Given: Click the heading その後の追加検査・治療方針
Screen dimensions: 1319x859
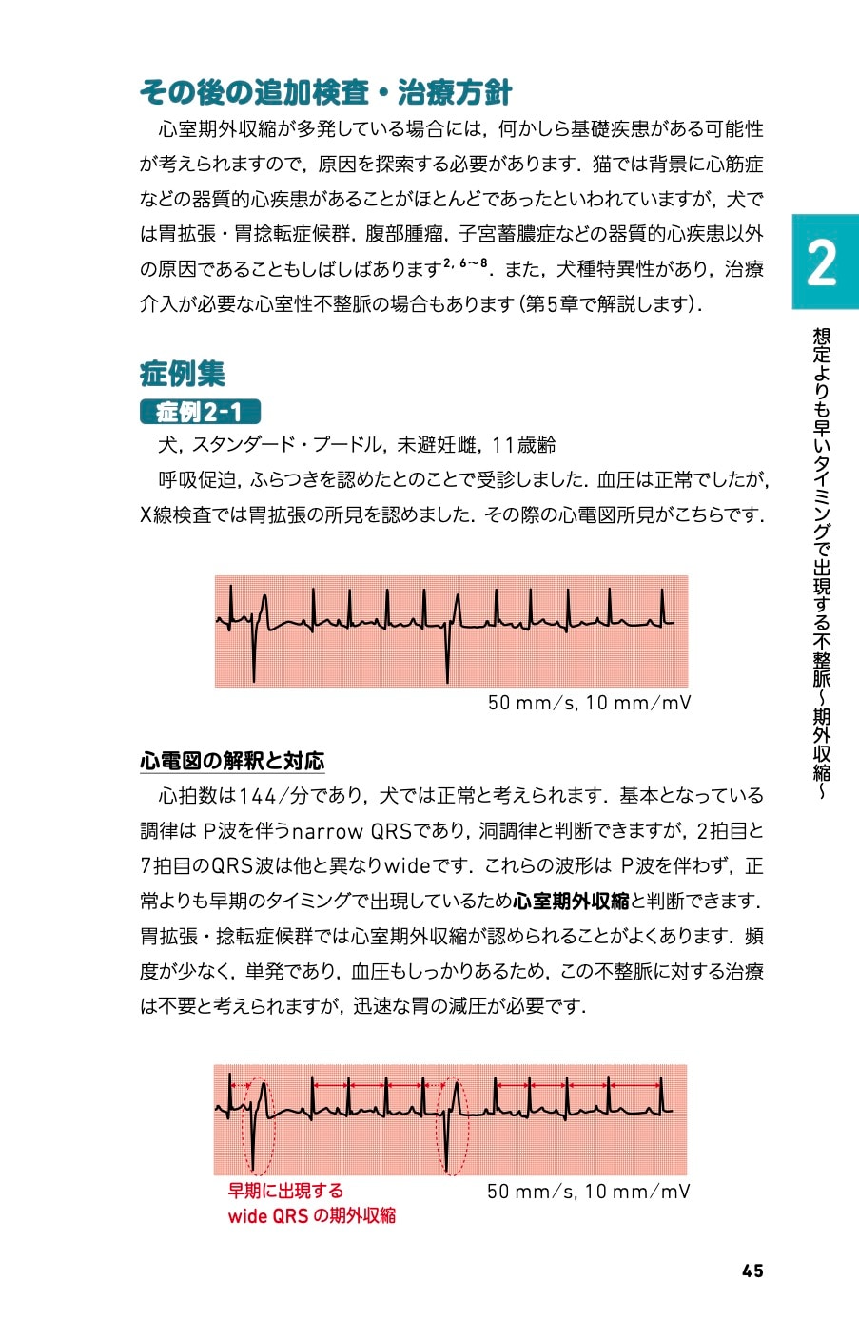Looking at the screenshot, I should (325, 92).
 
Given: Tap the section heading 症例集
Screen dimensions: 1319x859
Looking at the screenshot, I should (182, 373).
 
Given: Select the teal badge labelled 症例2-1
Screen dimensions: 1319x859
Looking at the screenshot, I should (200, 412).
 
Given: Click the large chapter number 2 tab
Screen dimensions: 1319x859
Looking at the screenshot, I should (824, 262).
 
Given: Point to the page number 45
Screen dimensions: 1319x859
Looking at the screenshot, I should (752, 1271).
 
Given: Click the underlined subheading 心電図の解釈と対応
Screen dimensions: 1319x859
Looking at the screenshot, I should (232, 761).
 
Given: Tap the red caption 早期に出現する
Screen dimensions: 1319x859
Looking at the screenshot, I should (285, 1191).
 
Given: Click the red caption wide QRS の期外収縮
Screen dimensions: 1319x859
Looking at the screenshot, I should (311, 1215).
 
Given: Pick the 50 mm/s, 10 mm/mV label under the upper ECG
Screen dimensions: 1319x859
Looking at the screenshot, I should (588, 703).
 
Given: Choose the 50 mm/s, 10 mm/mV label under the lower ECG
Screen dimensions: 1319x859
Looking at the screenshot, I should (588, 1191).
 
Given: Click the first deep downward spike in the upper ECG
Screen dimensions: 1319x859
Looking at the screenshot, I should (254, 656).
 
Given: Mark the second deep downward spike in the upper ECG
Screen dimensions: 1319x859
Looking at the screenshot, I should (448, 656).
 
